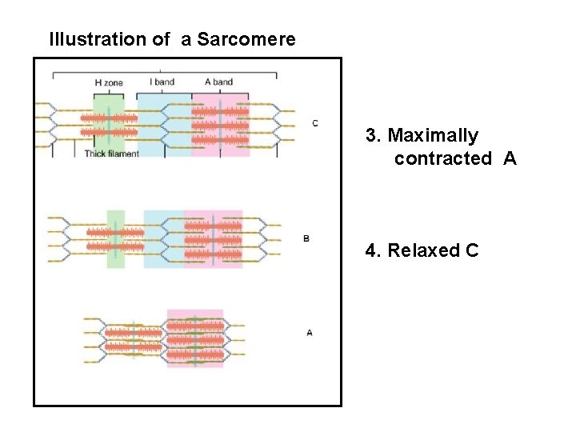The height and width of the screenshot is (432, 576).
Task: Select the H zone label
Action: click(x=109, y=82)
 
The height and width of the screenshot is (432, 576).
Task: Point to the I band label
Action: click(x=162, y=81)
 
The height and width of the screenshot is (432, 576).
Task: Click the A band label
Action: click(x=218, y=81)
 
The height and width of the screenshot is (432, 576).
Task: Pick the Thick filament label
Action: click(x=111, y=154)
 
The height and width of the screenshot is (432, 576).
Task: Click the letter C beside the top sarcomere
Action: click(x=315, y=122)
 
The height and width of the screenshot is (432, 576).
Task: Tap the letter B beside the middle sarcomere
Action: click(x=306, y=238)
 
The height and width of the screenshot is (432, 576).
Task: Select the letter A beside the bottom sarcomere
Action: click(x=310, y=332)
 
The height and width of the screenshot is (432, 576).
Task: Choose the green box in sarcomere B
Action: click(x=116, y=238)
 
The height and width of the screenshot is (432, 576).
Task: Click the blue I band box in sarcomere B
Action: click(x=163, y=238)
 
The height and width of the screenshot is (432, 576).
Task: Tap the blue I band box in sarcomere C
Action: click(x=164, y=124)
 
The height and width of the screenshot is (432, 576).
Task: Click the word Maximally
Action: click(x=433, y=135)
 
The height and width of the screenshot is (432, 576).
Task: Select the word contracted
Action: click(x=442, y=158)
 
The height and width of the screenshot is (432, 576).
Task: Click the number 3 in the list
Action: click(x=371, y=135)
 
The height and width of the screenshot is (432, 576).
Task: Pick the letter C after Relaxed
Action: click(x=471, y=250)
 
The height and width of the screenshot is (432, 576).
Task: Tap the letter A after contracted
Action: click(x=510, y=158)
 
